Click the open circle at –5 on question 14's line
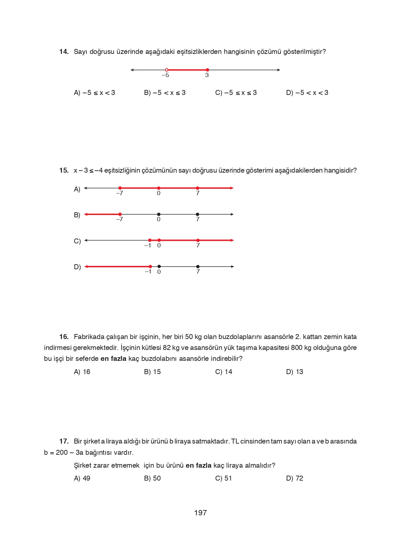pos(167,70)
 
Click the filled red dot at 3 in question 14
pos(207,70)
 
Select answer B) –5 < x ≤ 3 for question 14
pos(165,93)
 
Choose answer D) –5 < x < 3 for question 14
pos(307,93)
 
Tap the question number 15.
pos(64,171)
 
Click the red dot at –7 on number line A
pos(120,188)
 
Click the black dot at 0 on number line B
pos(159,214)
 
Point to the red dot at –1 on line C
pos(150,240)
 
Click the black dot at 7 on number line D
pos(198,267)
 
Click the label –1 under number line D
pos(148,272)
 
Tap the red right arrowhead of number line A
pos(232,188)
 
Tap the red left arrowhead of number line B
pos(86,214)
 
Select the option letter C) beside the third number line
pos(77,241)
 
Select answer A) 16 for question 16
pos(82,372)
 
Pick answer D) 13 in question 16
pos(294,372)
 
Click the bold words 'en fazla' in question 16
pos(113,359)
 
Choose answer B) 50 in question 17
pos(152,478)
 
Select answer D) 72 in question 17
pos(294,478)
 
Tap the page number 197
pos(200,513)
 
